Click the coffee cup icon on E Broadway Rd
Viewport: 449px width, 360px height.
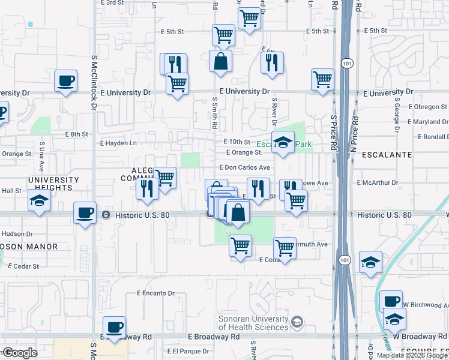114,328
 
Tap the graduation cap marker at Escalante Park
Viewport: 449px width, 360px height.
283,143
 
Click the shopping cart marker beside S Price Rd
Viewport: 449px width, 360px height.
322,80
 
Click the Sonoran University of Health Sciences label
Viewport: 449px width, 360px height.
253,323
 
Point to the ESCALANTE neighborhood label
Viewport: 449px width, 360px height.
391,155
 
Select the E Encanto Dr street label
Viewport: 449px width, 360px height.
155,293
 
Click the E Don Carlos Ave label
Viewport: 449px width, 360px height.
245,167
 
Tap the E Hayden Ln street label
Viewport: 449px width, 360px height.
118,143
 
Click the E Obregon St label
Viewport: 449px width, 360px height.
427,106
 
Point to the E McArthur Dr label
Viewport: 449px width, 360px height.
381,182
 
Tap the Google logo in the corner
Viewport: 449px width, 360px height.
20,353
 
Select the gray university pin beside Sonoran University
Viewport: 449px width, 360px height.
297,323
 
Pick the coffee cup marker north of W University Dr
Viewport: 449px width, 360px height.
65,81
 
